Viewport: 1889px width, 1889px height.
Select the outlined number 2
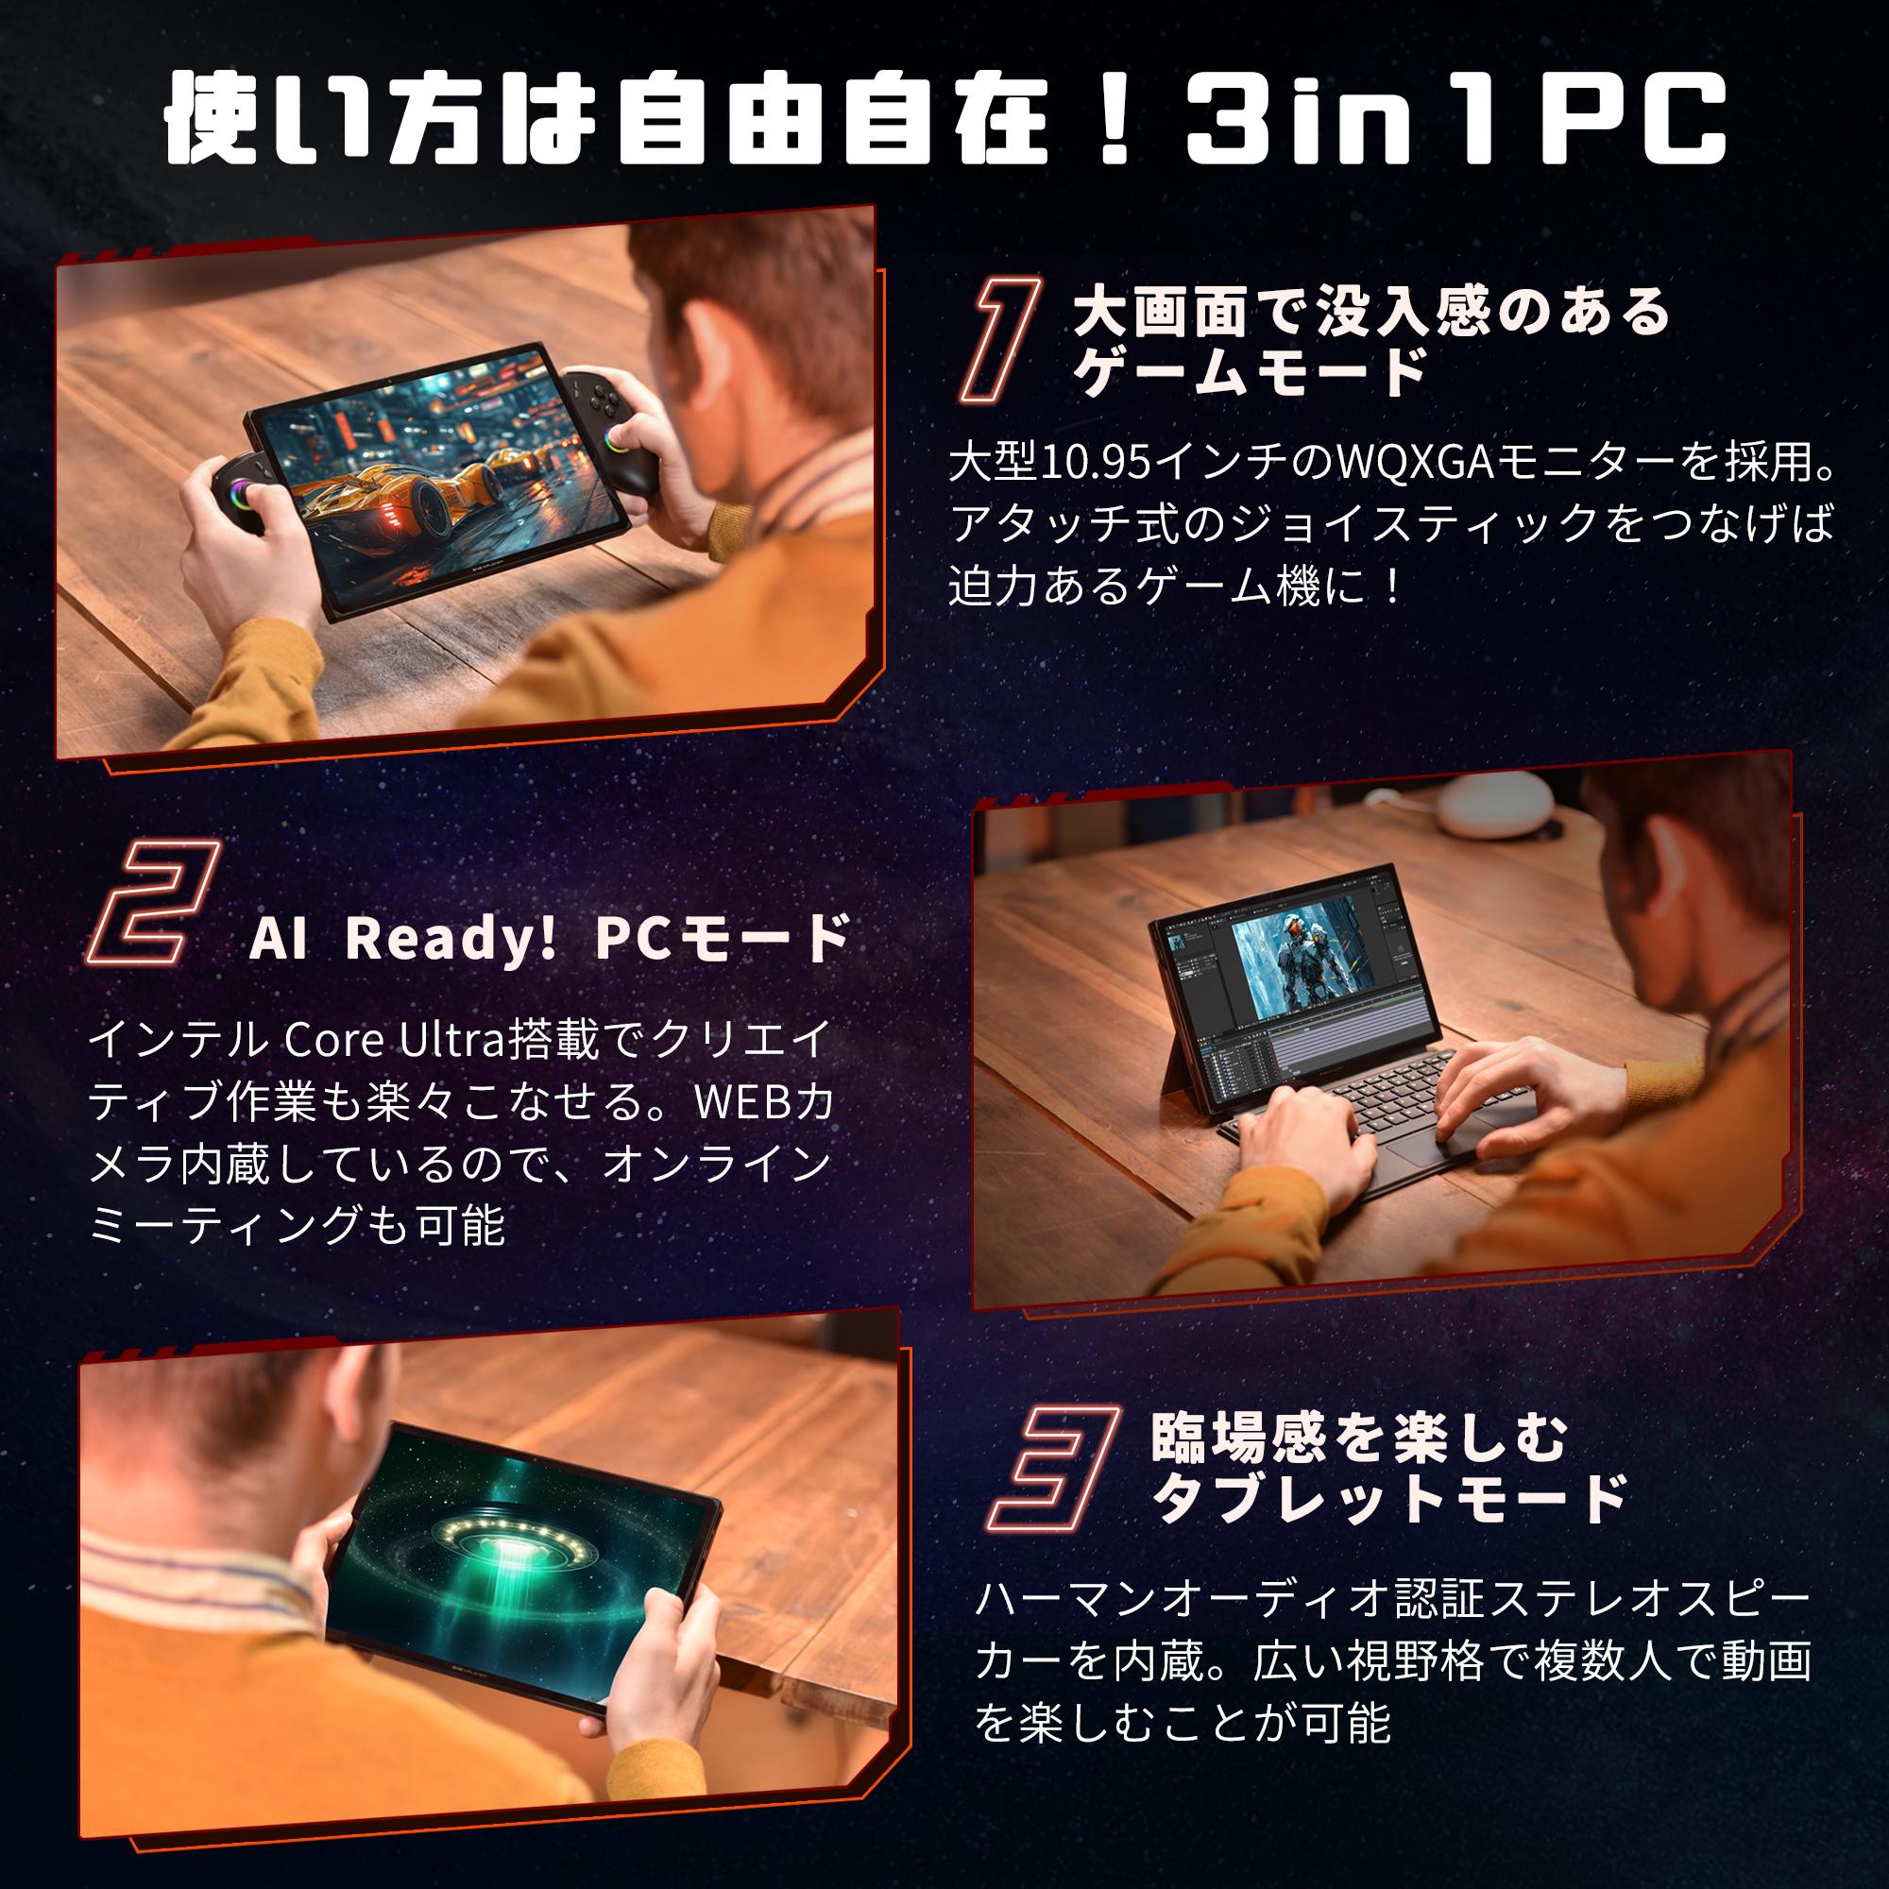(155, 904)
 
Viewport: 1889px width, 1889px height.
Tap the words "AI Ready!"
(403, 939)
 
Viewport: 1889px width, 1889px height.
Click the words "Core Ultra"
(394, 1041)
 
